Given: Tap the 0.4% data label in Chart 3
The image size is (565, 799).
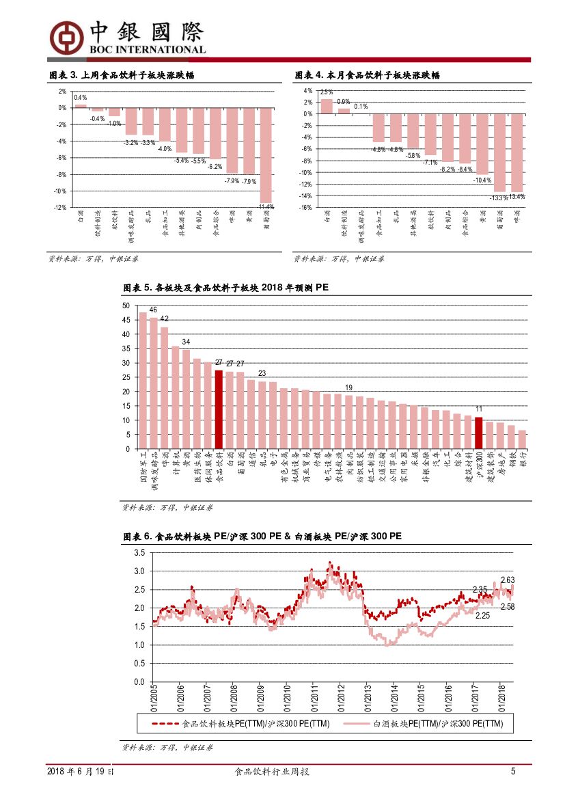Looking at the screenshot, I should tap(80, 98).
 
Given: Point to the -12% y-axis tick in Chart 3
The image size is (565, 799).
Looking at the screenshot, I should tap(61, 208).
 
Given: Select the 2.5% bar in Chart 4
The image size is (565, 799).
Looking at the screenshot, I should tap(327, 106).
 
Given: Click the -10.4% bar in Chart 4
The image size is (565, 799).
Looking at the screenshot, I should tap(482, 144).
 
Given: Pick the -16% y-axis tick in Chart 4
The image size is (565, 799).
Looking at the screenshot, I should tap(306, 207).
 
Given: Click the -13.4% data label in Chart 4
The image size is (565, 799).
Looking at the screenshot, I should tap(517, 197).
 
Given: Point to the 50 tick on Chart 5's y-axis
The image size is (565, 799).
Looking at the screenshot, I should tap(126, 306).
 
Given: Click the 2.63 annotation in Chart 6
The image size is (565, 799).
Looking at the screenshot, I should tap(508, 580).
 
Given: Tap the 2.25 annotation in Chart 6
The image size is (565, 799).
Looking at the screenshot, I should tap(483, 615).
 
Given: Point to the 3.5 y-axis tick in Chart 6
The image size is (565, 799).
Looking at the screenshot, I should tap(139, 552).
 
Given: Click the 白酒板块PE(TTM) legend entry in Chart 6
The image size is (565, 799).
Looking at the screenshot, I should tap(437, 724).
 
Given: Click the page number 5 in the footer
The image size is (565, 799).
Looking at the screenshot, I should tap(513, 772).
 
